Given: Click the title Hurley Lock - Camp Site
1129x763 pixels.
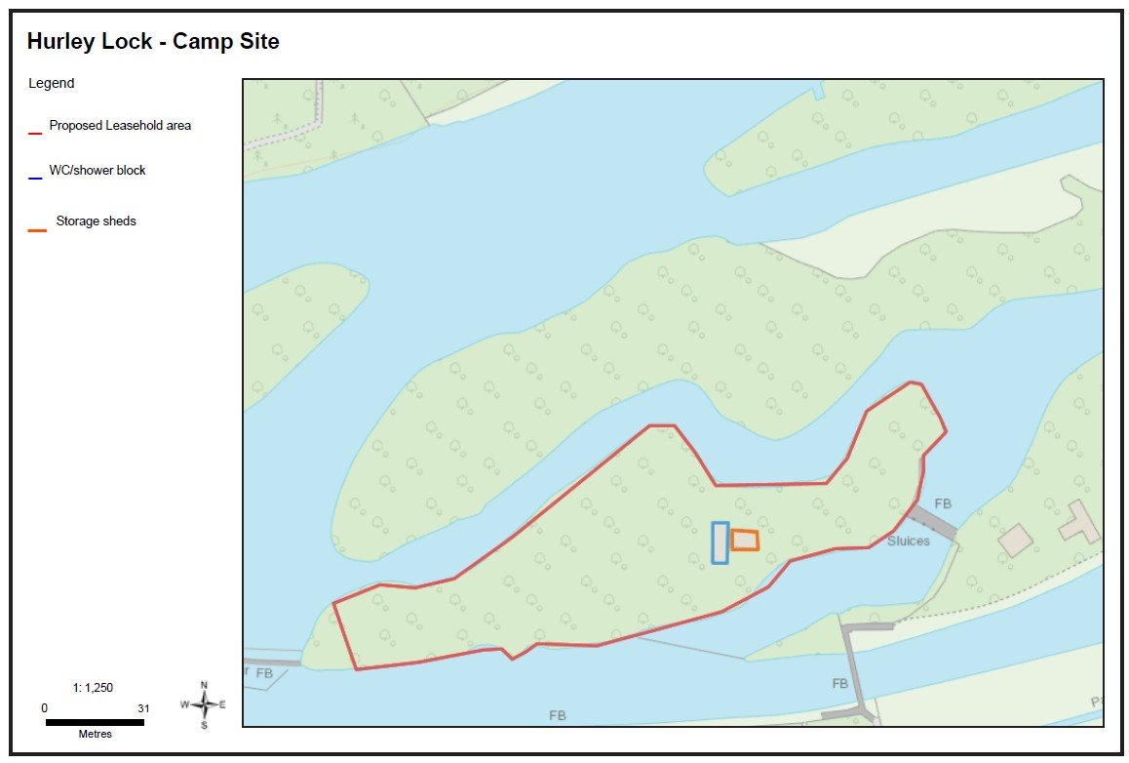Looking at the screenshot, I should click(x=153, y=42).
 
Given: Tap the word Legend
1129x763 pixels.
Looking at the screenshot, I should click(x=52, y=84).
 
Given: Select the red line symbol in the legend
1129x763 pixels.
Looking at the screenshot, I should click(x=35, y=132).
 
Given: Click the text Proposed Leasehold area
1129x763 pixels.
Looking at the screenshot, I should click(x=120, y=126).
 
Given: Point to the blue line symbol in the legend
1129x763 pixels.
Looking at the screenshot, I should click(x=35, y=178).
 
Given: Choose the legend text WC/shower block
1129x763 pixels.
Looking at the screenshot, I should click(x=97, y=171).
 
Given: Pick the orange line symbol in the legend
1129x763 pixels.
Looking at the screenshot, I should click(x=37, y=230).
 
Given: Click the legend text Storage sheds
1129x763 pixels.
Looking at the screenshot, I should click(x=96, y=221).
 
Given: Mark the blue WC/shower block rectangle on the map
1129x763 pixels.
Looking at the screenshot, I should click(x=720, y=542).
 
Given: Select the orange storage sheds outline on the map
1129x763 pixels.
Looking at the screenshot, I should click(x=745, y=540).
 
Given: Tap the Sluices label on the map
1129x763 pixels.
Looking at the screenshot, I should click(x=909, y=541).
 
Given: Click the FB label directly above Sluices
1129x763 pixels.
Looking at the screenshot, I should click(x=943, y=504).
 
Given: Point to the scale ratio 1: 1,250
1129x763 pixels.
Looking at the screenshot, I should click(x=94, y=688).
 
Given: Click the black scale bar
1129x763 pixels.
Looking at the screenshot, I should click(x=95, y=722).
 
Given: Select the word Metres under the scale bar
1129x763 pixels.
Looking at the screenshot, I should click(x=95, y=734).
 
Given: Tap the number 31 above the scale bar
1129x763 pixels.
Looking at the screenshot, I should click(x=144, y=708).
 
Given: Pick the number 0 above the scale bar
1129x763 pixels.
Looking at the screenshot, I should click(x=44, y=708).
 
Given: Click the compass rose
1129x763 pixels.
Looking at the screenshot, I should click(x=204, y=704).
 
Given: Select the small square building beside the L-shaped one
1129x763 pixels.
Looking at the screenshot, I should click(x=1016, y=540).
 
